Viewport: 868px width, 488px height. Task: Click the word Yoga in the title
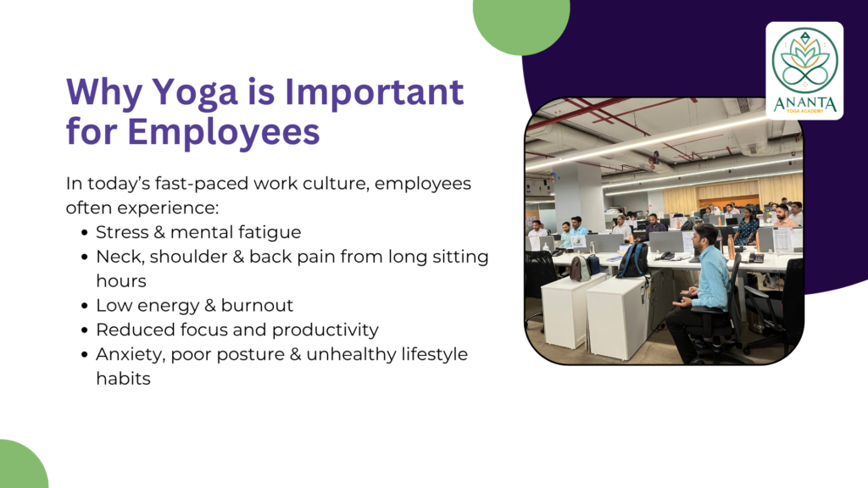click(194, 91)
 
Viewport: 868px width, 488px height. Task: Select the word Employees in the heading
click(223, 132)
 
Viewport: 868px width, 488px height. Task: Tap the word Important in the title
click(374, 91)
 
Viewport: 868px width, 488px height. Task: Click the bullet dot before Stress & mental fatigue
click(84, 232)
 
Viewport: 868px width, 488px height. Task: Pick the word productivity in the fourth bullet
click(325, 330)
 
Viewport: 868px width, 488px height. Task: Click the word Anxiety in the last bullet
click(131, 355)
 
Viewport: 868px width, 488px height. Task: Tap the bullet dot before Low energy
click(84, 305)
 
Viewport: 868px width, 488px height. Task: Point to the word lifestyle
click(435, 355)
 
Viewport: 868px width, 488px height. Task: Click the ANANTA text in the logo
click(804, 103)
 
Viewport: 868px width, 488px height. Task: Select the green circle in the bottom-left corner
click(22, 465)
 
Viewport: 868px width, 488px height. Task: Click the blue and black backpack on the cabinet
click(633, 259)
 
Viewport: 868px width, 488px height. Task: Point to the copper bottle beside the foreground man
click(732, 249)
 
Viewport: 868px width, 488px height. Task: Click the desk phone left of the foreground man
click(667, 256)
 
